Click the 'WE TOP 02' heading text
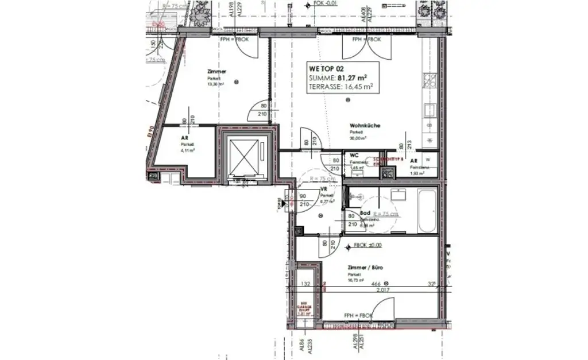(327, 67)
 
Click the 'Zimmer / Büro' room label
(365, 268)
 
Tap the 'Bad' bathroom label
(365, 213)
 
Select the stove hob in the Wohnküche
(430, 80)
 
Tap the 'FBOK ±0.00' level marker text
(368, 245)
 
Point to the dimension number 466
(376, 284)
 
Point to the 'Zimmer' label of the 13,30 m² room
(216, 72)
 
